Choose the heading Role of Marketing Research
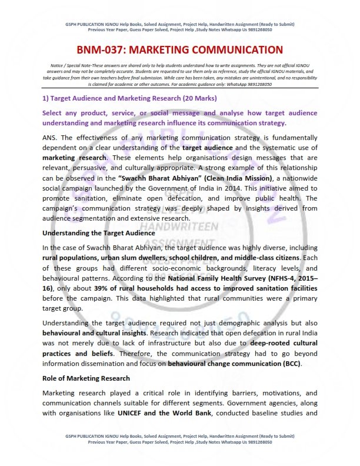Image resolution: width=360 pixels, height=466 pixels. pyautogui.click(x=86, y=378)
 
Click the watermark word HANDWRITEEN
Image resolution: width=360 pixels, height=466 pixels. pyautogui.click(x=179, y=227)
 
